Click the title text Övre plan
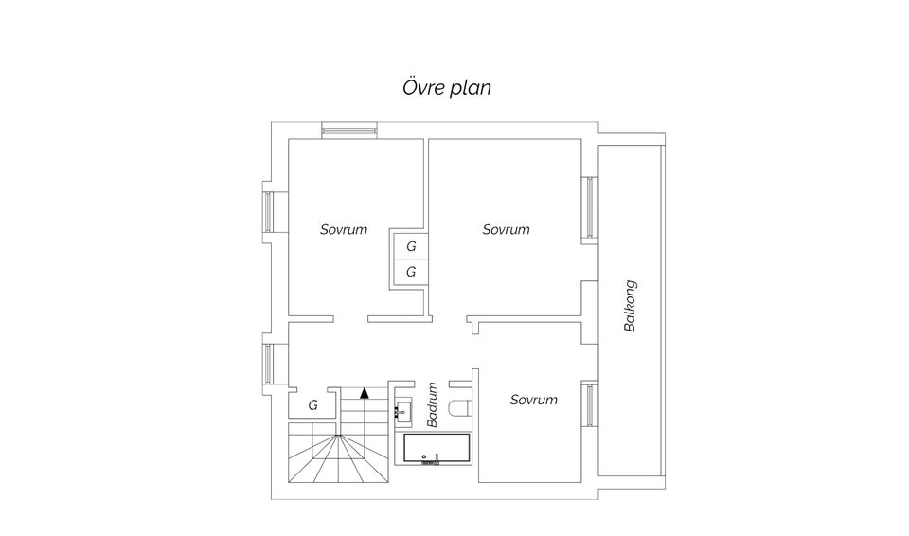446,87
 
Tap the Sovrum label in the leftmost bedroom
344,230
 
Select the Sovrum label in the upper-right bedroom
506,230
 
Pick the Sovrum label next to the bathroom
533,400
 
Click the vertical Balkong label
630,306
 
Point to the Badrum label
432,404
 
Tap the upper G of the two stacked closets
411,246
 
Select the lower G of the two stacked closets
411,272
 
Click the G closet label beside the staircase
313,405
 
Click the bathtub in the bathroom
437,449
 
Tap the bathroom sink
403,412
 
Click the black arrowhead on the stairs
364,393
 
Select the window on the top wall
349,131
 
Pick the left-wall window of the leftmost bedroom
268,211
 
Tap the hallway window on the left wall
268,364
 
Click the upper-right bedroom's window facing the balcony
590,207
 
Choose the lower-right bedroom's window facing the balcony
590,405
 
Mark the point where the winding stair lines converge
336,434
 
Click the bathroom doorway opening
432,384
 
